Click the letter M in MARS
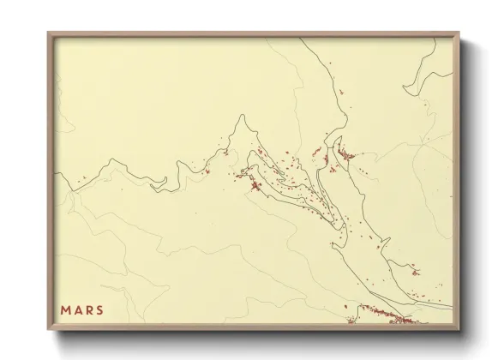[65, 309]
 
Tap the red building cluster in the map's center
[255, 186]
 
